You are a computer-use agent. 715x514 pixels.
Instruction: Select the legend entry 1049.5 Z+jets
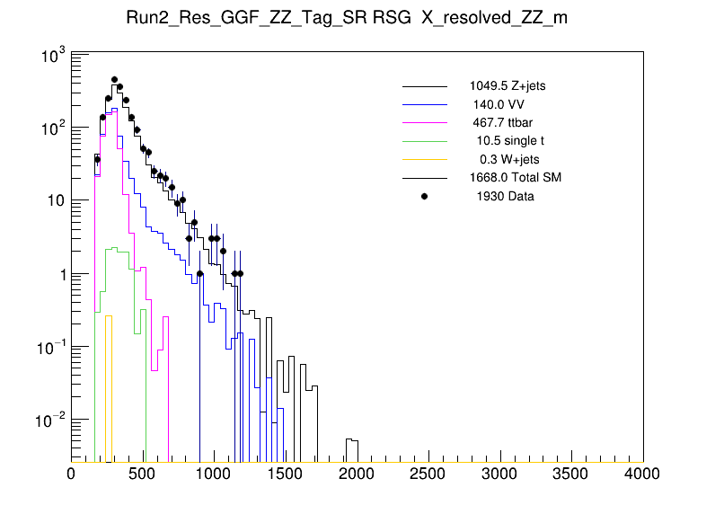point(507,86)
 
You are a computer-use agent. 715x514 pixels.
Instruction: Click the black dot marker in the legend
point(424,196)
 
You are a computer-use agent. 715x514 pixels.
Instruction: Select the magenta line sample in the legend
point(424,122)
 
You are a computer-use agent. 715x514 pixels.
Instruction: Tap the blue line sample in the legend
point(424,104)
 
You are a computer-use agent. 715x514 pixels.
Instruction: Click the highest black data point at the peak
point(114,80)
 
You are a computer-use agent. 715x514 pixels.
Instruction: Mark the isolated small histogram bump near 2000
point(353,441)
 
